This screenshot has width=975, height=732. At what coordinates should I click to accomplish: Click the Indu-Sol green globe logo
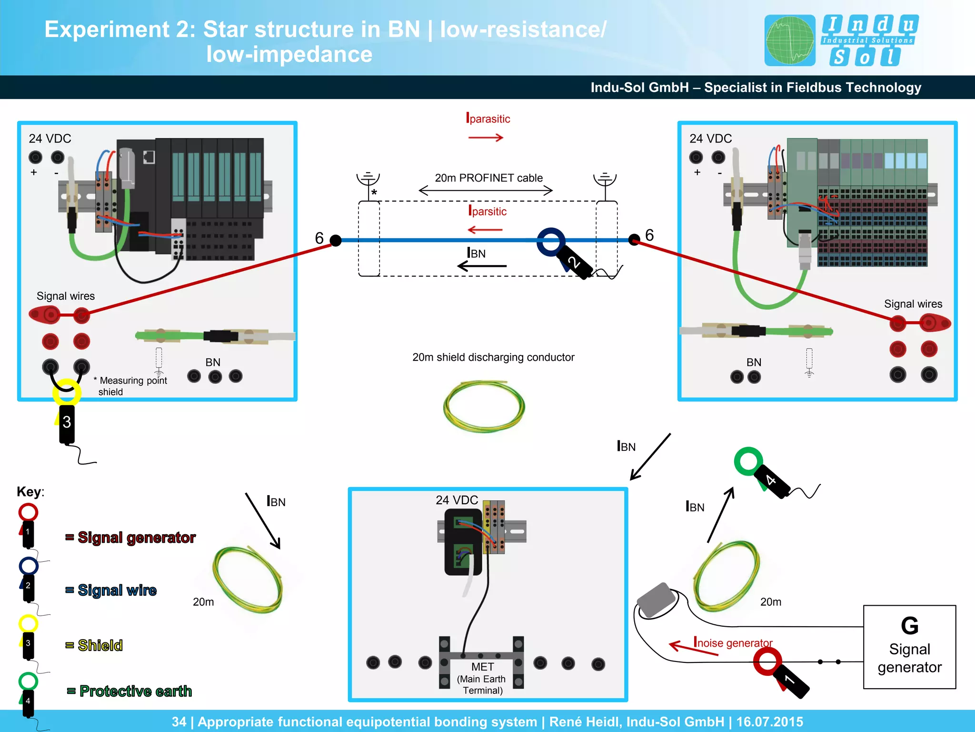tap(790, 41)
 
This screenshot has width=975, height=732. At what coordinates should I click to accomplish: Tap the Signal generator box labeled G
tap(909, 647)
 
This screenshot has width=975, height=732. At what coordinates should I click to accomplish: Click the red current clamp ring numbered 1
tap(767, 661)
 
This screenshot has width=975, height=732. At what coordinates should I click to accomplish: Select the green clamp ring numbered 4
tap(748, 461)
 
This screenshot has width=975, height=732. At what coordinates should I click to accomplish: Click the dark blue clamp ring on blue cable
tap(551, 241)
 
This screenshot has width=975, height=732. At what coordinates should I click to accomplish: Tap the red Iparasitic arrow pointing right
tap(486, 138)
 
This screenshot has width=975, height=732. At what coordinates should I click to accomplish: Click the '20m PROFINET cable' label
tap(488, 178)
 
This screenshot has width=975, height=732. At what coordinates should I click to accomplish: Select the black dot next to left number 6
tap(336, 241)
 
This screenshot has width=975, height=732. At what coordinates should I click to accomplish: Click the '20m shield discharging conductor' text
tap(493, 357)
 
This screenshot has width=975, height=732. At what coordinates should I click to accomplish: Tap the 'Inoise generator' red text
tap(733, 643)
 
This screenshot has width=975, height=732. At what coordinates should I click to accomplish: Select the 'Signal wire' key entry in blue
tap(117, 590)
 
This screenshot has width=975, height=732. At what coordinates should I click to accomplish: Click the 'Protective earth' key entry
tap(135, 691)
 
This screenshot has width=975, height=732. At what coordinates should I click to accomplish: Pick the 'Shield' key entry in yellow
tap(100, 645)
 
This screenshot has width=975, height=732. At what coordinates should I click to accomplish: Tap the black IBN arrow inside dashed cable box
tap(482, 266)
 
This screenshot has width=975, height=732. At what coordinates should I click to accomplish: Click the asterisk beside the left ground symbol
tap(374, 193)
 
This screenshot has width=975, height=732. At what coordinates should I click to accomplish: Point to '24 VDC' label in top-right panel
tap(710, 139)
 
